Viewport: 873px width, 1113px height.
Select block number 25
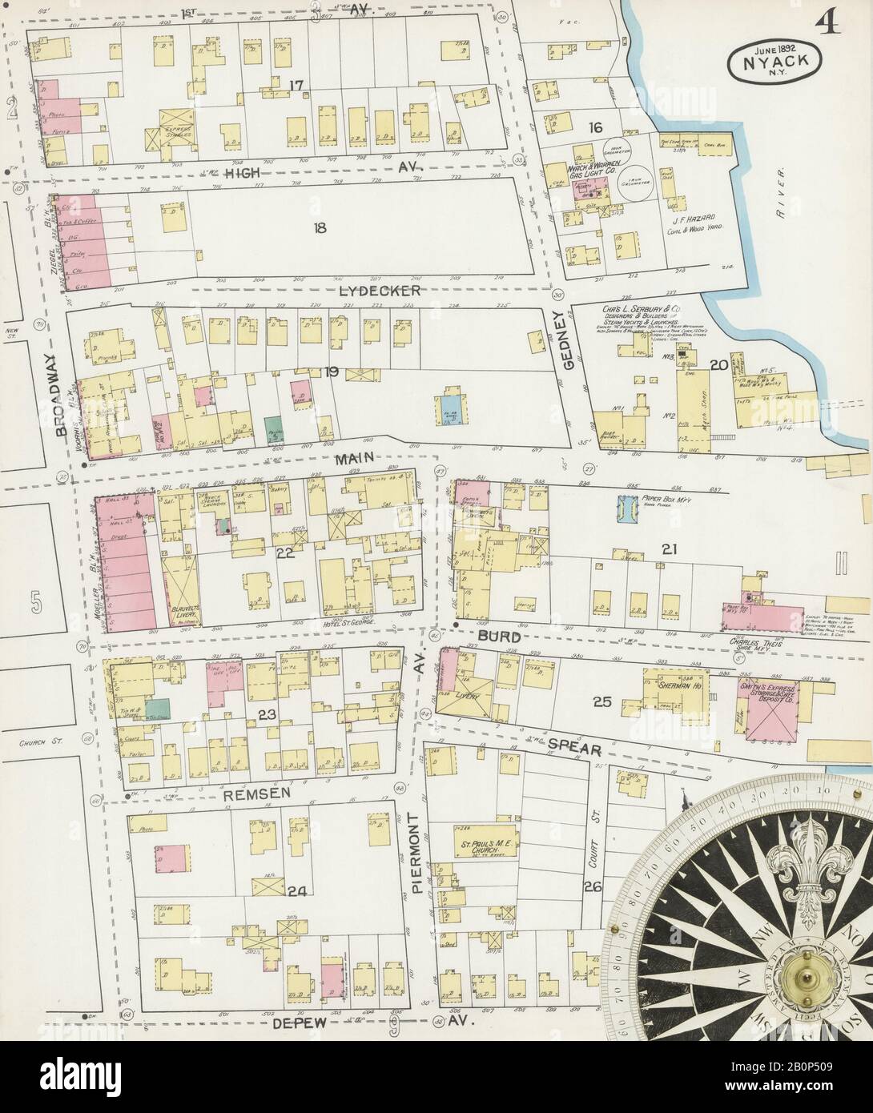pos(602,702)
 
